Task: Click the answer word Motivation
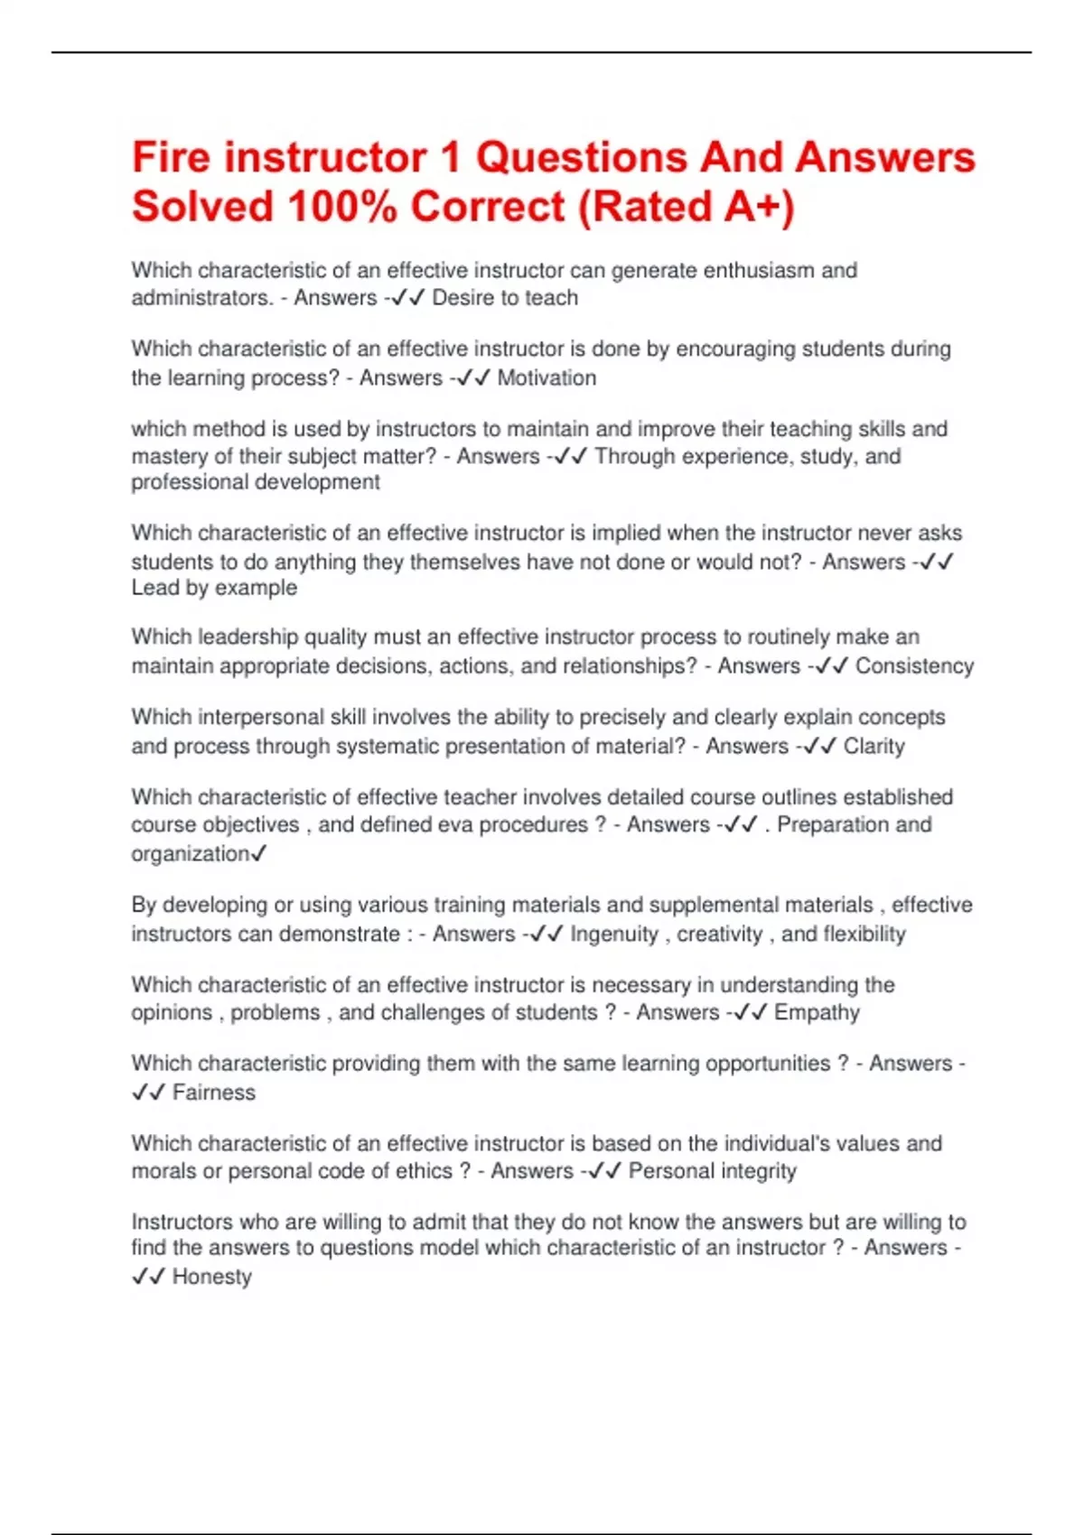(x=547, y=377)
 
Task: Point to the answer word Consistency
(x=914, y=666)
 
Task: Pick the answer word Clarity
(x=874, y=746)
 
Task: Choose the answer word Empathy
(x=817, y=1012)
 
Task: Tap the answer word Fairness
(x=214, y=1093)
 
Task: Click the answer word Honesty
(x=212, y=1277)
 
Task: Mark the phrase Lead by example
(x=214, y=588)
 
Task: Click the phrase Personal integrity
(x=713, y=1171)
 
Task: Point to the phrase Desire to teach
(x=505, y=298)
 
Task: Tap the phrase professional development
(x=256, y=482)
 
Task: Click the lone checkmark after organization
(x=258, y=853)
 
